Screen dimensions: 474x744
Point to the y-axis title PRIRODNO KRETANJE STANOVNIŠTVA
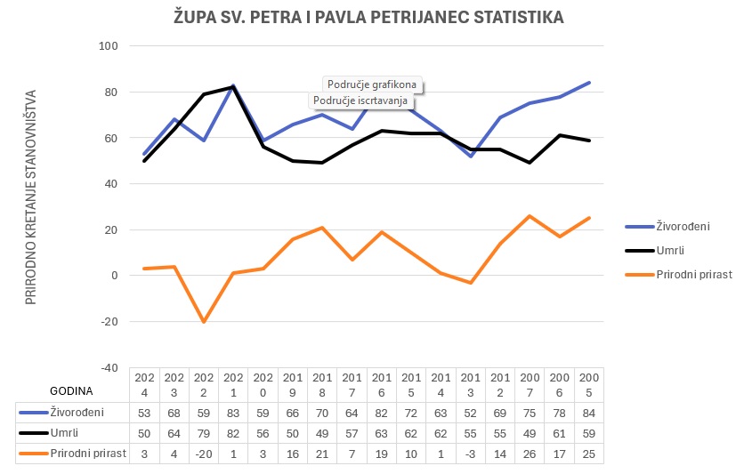coord(30,197)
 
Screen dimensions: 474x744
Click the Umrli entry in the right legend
coord(670,251)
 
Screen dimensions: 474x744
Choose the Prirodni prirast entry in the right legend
coord(693,275)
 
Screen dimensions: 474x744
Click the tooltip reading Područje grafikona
coord(372,85)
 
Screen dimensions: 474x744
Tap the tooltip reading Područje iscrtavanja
coord(360,100)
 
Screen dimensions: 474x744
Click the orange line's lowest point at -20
coord(204,321)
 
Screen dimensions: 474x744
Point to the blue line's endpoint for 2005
coord(589,83)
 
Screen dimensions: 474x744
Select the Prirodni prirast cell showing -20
coord(204,454)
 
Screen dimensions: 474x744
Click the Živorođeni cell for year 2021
coord(233,412)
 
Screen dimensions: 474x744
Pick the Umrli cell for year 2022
coord(204,432)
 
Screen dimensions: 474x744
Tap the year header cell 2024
coord(144,383)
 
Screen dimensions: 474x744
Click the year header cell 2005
coord(589,383)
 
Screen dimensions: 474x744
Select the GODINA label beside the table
coord(70,390)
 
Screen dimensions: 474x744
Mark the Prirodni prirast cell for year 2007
coord(530,454)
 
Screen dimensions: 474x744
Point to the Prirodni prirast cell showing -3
coord(471,454)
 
